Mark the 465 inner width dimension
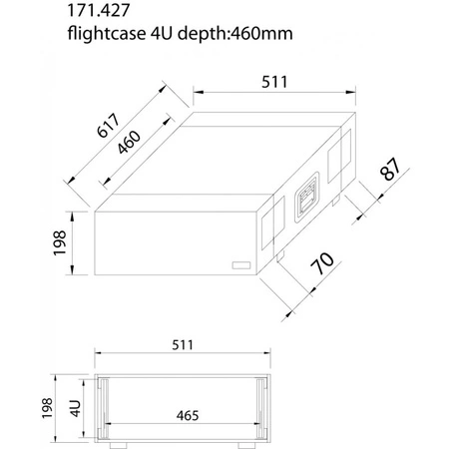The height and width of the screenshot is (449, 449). pos(181,412)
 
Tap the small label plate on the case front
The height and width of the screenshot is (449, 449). pos(239,265)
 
